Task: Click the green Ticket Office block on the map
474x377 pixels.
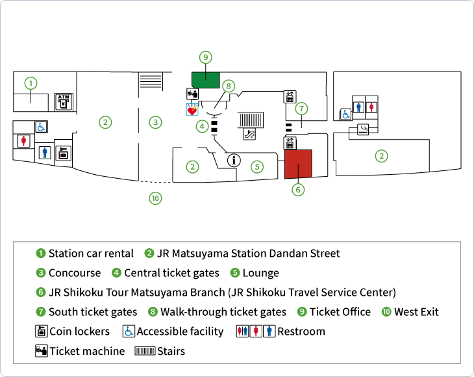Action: click(x=205, y=79)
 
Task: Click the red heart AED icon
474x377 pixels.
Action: click(x=192, y=110)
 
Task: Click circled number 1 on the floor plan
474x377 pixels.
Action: click(x=31, y=83)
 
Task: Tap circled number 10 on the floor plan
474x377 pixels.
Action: click(x=155, y=199)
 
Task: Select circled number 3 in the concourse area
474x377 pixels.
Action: click(x=155, y=122)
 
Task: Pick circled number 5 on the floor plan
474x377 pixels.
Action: click(x=257, y=166)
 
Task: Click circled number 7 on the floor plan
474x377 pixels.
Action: click(x=301, y=109)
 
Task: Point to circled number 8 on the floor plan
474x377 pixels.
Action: click(x=228, y=85)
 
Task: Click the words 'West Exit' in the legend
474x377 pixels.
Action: click(x=416, y=312)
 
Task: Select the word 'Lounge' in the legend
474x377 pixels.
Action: click(x=261, y=273)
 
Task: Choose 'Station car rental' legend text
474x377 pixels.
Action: click(x=91, y=253)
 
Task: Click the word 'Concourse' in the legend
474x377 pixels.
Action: click(x=75, y=273)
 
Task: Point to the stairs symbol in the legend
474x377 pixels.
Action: click(x=144, y=351)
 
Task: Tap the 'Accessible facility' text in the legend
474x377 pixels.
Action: click(x=180, y=331)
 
